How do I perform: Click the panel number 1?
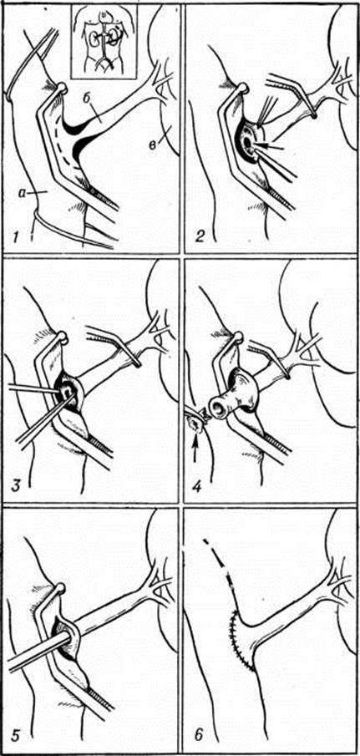(15, 237)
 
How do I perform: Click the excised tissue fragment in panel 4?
(196, 424)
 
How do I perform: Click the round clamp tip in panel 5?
(60, 588)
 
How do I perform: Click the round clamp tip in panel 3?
(62, 337)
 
